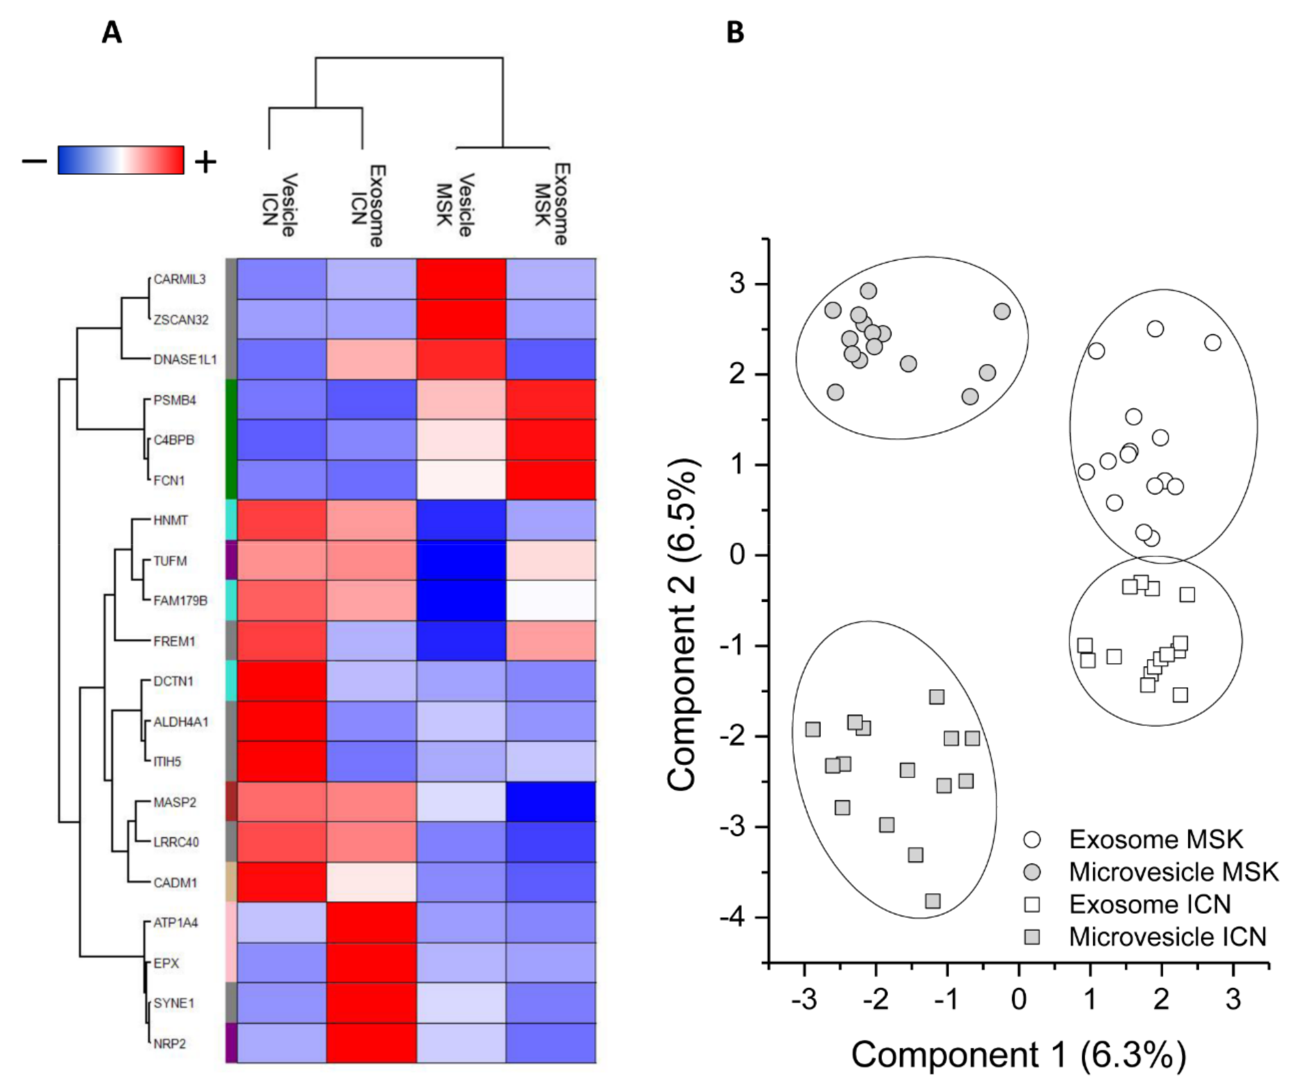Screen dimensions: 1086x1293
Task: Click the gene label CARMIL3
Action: pos(179,279)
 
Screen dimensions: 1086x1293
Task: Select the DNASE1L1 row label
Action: pos(185,360)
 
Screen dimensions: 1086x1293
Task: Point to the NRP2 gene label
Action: pos(170,1043)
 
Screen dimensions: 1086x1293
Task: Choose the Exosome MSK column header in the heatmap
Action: pos(551,204)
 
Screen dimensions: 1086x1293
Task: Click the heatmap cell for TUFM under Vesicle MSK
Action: pos(461,560)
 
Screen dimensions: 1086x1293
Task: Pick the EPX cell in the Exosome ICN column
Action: pos(371,963)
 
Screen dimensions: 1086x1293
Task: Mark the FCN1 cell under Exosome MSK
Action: pos(551,480)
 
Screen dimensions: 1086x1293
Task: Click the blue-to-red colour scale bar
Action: pos(121,160)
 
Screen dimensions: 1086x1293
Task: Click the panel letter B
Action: pos(735,32)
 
